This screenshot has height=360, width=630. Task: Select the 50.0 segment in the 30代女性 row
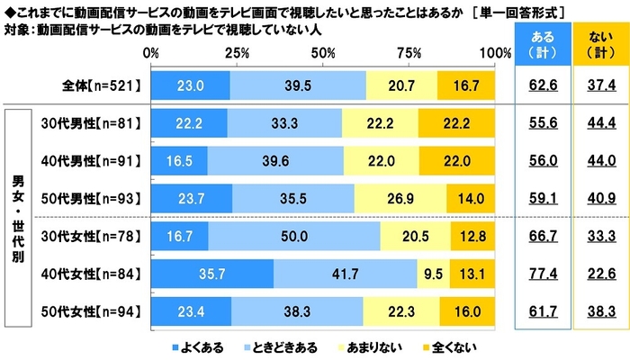point(293,236)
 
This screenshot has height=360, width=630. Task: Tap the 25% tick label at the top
point(237,54)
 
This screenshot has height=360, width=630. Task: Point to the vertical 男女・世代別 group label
point(17,217)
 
